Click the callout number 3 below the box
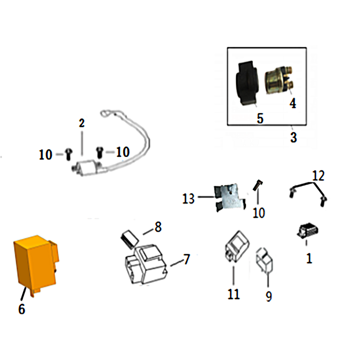293,138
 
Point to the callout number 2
81,123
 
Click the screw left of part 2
69,154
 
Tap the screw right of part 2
100,152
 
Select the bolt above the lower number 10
257,185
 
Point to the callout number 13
188,198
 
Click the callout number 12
318,175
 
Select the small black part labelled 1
307,230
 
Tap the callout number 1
309,258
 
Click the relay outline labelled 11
237,246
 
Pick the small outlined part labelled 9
264,260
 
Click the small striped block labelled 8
130,239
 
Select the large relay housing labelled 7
146,265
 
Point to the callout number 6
22,309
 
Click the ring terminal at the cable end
105,114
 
